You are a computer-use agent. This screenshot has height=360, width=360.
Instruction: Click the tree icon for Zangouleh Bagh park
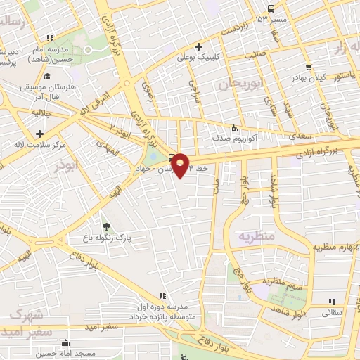point(106,226)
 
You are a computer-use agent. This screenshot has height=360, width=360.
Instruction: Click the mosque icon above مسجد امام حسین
point(65,343)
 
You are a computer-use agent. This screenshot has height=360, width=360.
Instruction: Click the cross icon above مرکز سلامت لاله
point(40,134)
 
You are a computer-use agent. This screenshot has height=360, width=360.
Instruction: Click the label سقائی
point(332,311)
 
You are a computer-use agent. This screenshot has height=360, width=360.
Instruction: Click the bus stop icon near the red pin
point(173,157)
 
